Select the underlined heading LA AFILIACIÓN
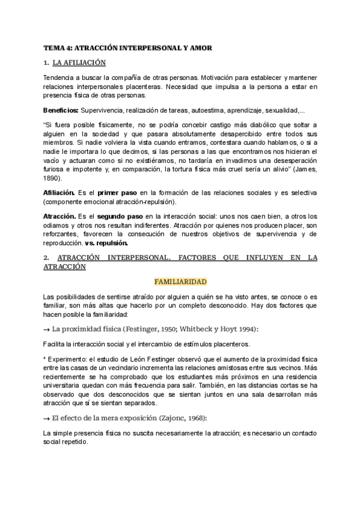[x=79, y=63]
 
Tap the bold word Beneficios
[x=61, y=111]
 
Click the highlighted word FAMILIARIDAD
[x=180, y=281]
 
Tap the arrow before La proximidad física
[x=47, y=328]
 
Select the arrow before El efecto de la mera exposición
[x=47, y=417]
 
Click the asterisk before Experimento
[x=45, y=358]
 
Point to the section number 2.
[x=46, y=257]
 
